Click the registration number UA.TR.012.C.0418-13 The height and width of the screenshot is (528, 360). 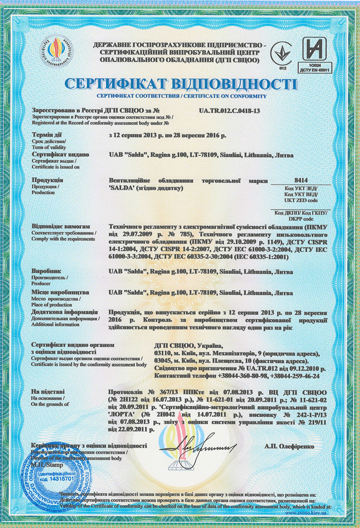click(229, 111)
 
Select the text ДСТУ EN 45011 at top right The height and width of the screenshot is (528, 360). click(318, 71)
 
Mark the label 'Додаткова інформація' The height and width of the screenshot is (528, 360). click(63, 311)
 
